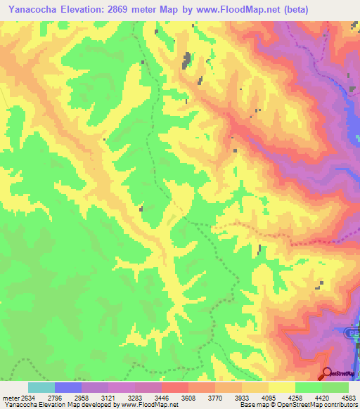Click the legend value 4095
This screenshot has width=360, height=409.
pyautogui.click(x=255, y=397)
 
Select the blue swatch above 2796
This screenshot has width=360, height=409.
pyautogui.click(x=68, y=387)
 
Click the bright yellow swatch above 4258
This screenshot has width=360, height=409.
pyautogui.click(x=282, y=387)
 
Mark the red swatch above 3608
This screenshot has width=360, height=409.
pyautogui.click(x=175, y=387)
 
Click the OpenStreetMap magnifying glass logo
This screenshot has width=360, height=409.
pyautogui.click(x=327, y=374)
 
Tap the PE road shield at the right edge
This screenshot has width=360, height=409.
pyautogui.click(x=354, y=336)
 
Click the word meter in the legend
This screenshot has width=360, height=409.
pyautogui.click(x=9, y=397)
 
